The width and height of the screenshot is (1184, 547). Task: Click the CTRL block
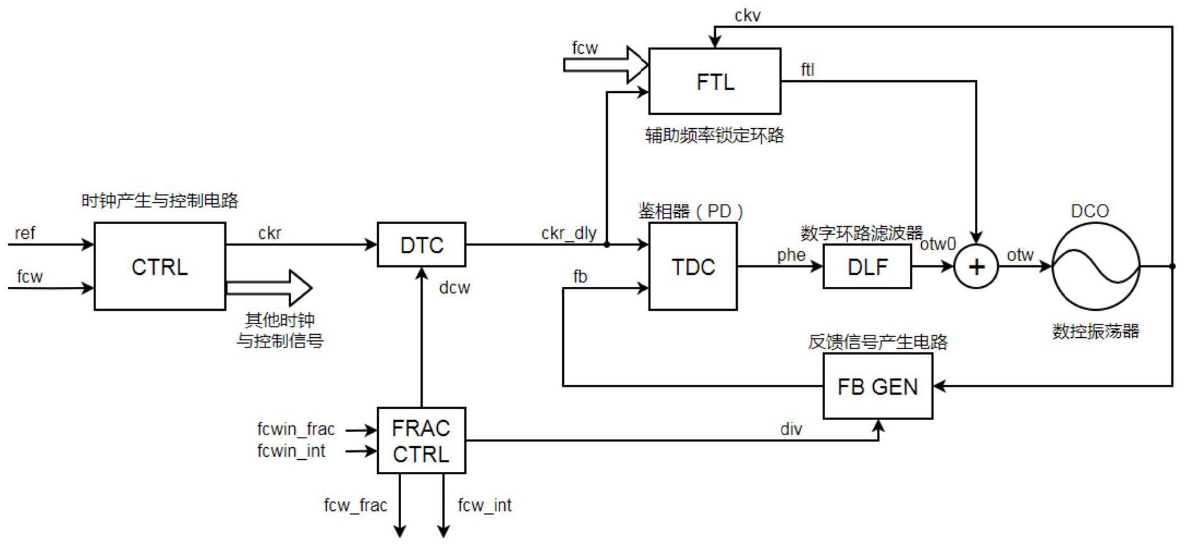point(159,266)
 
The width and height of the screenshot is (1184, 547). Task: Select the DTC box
point(421,244)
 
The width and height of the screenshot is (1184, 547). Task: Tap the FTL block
point(715,81)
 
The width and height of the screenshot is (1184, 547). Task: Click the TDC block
point(692,266)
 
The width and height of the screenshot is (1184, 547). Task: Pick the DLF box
point(867,267)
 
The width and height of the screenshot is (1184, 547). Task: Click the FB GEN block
point(877,386)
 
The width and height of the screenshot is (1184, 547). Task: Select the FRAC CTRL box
point(421,440)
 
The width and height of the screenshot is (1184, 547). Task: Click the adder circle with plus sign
point(976,267)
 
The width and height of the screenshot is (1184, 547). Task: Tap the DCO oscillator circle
point(1096,267)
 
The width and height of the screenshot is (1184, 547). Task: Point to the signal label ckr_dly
point(569,233)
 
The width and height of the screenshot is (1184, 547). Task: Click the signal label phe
point(791,255)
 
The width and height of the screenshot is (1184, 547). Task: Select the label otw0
point(938,244)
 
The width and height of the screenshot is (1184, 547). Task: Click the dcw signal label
point(454,287)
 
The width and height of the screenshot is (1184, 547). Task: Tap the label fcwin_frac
point(296,429)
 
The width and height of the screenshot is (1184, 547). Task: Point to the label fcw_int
point(485,505)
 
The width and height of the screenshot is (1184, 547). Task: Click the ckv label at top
point(747,16)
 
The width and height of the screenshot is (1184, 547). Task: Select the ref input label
point(25,233)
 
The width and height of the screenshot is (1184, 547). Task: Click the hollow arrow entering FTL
point(607,64)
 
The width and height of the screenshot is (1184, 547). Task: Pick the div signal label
point(791,429)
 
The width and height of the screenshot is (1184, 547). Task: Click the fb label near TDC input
point(579,276)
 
